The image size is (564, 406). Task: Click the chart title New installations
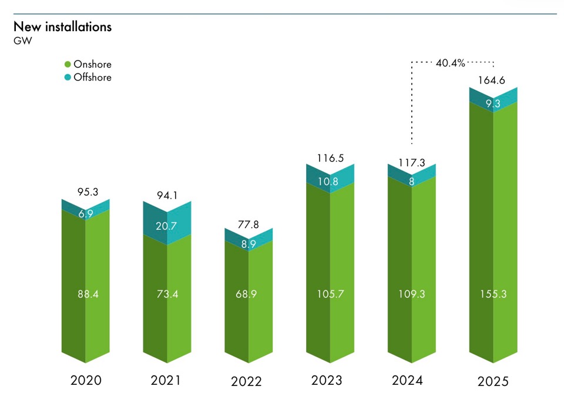point(62,27)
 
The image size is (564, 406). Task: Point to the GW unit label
point(22,41)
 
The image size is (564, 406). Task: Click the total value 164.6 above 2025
point(493,81)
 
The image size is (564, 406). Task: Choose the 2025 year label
point(492,382)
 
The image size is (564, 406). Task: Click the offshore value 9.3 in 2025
point(493,103)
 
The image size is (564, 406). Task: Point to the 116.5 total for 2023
point(330,157)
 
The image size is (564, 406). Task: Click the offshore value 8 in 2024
point(411,182)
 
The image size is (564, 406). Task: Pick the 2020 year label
point(86,381)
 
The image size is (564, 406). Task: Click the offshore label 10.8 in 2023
point(330,182)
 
